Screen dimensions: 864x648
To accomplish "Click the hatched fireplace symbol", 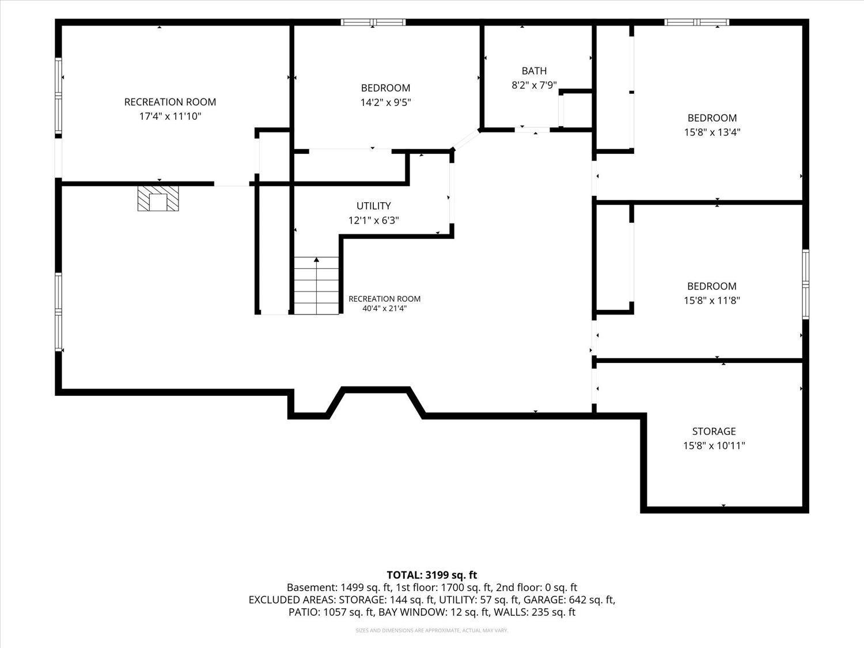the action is pos(158,198).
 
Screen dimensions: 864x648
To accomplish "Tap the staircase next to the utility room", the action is pos(316,286).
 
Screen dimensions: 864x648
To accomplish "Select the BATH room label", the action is pos(534,71).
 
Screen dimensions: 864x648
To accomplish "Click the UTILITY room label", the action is pos(374,206).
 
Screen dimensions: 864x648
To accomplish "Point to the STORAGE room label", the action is pos(714,431).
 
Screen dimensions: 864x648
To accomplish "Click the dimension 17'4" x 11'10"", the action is pos(170,116).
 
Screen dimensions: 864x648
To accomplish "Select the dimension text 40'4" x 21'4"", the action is pos(384,308).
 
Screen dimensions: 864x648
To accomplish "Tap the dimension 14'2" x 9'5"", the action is pos(386,103).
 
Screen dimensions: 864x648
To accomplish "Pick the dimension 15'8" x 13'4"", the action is pos(712,132).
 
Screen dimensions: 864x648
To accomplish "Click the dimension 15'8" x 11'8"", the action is pos(712,301).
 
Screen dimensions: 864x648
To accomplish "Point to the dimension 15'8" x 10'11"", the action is pos(714,446).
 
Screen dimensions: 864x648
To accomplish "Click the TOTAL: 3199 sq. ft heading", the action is pos(432,575).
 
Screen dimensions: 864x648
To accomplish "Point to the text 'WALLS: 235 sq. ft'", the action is pos(535,612).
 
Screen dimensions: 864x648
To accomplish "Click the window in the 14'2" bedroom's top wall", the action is pos(373,22).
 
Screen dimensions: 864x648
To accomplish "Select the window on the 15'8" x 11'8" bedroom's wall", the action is pos(806,284).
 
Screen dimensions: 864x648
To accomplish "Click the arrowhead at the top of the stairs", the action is pos(316,260).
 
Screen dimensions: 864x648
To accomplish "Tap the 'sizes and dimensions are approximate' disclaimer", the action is pos(432,631).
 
